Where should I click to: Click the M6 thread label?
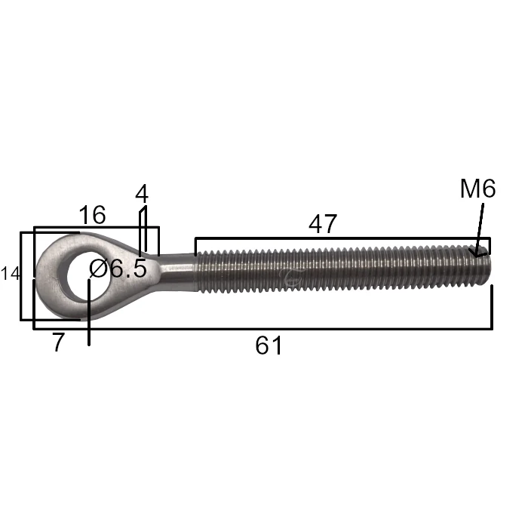pyautogui.click(x=477, y=189)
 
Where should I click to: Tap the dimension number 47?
pyautogui.click(x=323, y=224)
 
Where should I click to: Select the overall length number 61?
pyautogui.click(x=269, y=345)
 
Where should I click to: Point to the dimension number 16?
pyautogui.click(x=92, y=215)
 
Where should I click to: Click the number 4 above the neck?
pyautogui.click(x=142, y=194)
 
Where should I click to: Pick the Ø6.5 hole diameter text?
pyautogui.click(x=118, y=269)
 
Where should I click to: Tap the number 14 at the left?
pyautogui.click(x=10, y=273)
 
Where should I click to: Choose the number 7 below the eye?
pyautogui.click(x=58, y=342)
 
